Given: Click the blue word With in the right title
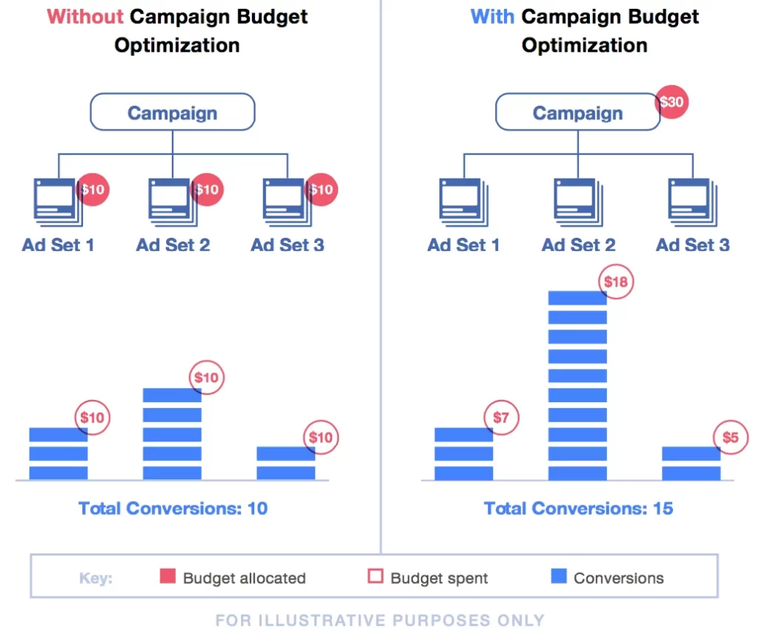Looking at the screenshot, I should click(x=492, y=16).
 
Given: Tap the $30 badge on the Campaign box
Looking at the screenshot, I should click(x=672, y=102).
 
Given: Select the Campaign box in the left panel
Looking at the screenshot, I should click(x=173, y=113).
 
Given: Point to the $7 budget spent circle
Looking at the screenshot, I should click(x=502, y=419).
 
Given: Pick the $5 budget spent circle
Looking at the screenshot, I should click(x=730, y=438).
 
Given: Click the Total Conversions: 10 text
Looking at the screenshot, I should click(x=173, y=508).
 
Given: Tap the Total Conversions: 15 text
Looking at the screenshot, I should click(x=578, y=508).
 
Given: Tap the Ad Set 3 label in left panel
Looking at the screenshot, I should click(x=287, y=245).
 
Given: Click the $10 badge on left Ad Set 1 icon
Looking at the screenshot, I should click(x=93, y=190).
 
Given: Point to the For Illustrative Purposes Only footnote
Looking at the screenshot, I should click(x=379, y=620).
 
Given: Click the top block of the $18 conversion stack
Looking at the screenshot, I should click(x=577, y=298).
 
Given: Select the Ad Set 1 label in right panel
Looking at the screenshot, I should click(x=463, y=245).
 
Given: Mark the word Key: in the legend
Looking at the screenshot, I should click(x=96, y=579).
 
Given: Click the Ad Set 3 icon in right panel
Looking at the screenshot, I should click(x=692, y=201).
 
